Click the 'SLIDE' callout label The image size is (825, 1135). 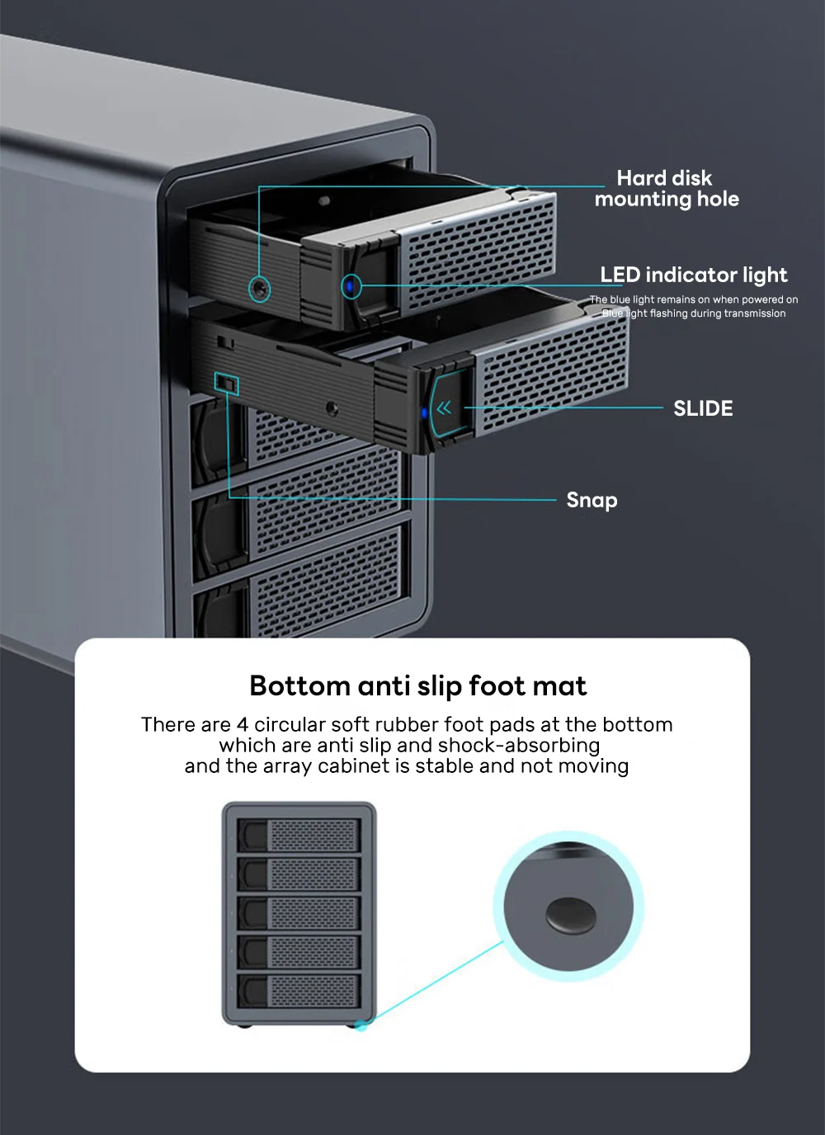click(x=703, y=408)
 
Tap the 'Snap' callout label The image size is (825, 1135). click(x=592, y=500)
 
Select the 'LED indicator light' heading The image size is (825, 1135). click(x=693, y=275)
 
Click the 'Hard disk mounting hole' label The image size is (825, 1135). click(x=666, y=188)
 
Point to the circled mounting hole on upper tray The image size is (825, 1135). click(x=260, y=289)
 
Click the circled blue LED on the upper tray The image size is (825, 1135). click(x=351, y=287)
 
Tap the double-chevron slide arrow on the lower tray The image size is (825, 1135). click(x=444, y=407)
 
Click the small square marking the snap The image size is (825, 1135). click(x=226, y=384)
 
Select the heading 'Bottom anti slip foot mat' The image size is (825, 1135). click(x=417, y=685)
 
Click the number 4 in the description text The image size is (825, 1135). click(x=242, y=724)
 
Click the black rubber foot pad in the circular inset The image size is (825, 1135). click(x=570, y=915)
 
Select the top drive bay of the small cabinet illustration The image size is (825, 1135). click(x=299, y=835)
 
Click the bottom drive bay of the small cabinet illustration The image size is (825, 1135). click(x=299, y=990)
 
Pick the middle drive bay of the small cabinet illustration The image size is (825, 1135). click(x=299, y=912)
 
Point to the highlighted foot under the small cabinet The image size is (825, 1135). click(x=361, y=1025)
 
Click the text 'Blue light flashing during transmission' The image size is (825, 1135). click(x=693, y=313)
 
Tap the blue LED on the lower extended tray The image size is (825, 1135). click(x=425, y=413)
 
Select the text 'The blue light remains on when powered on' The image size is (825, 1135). click(x=693, y=299)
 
